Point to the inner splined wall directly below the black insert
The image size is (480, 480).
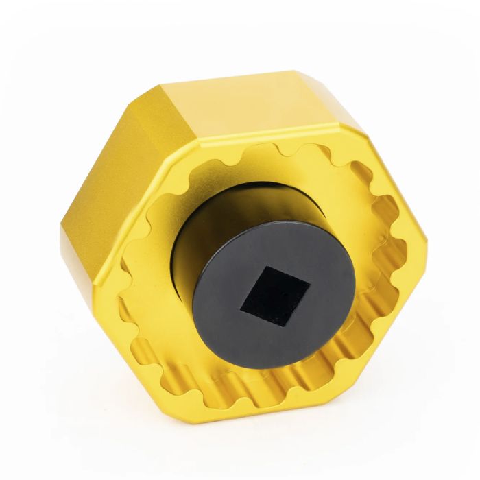[274, 384]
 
